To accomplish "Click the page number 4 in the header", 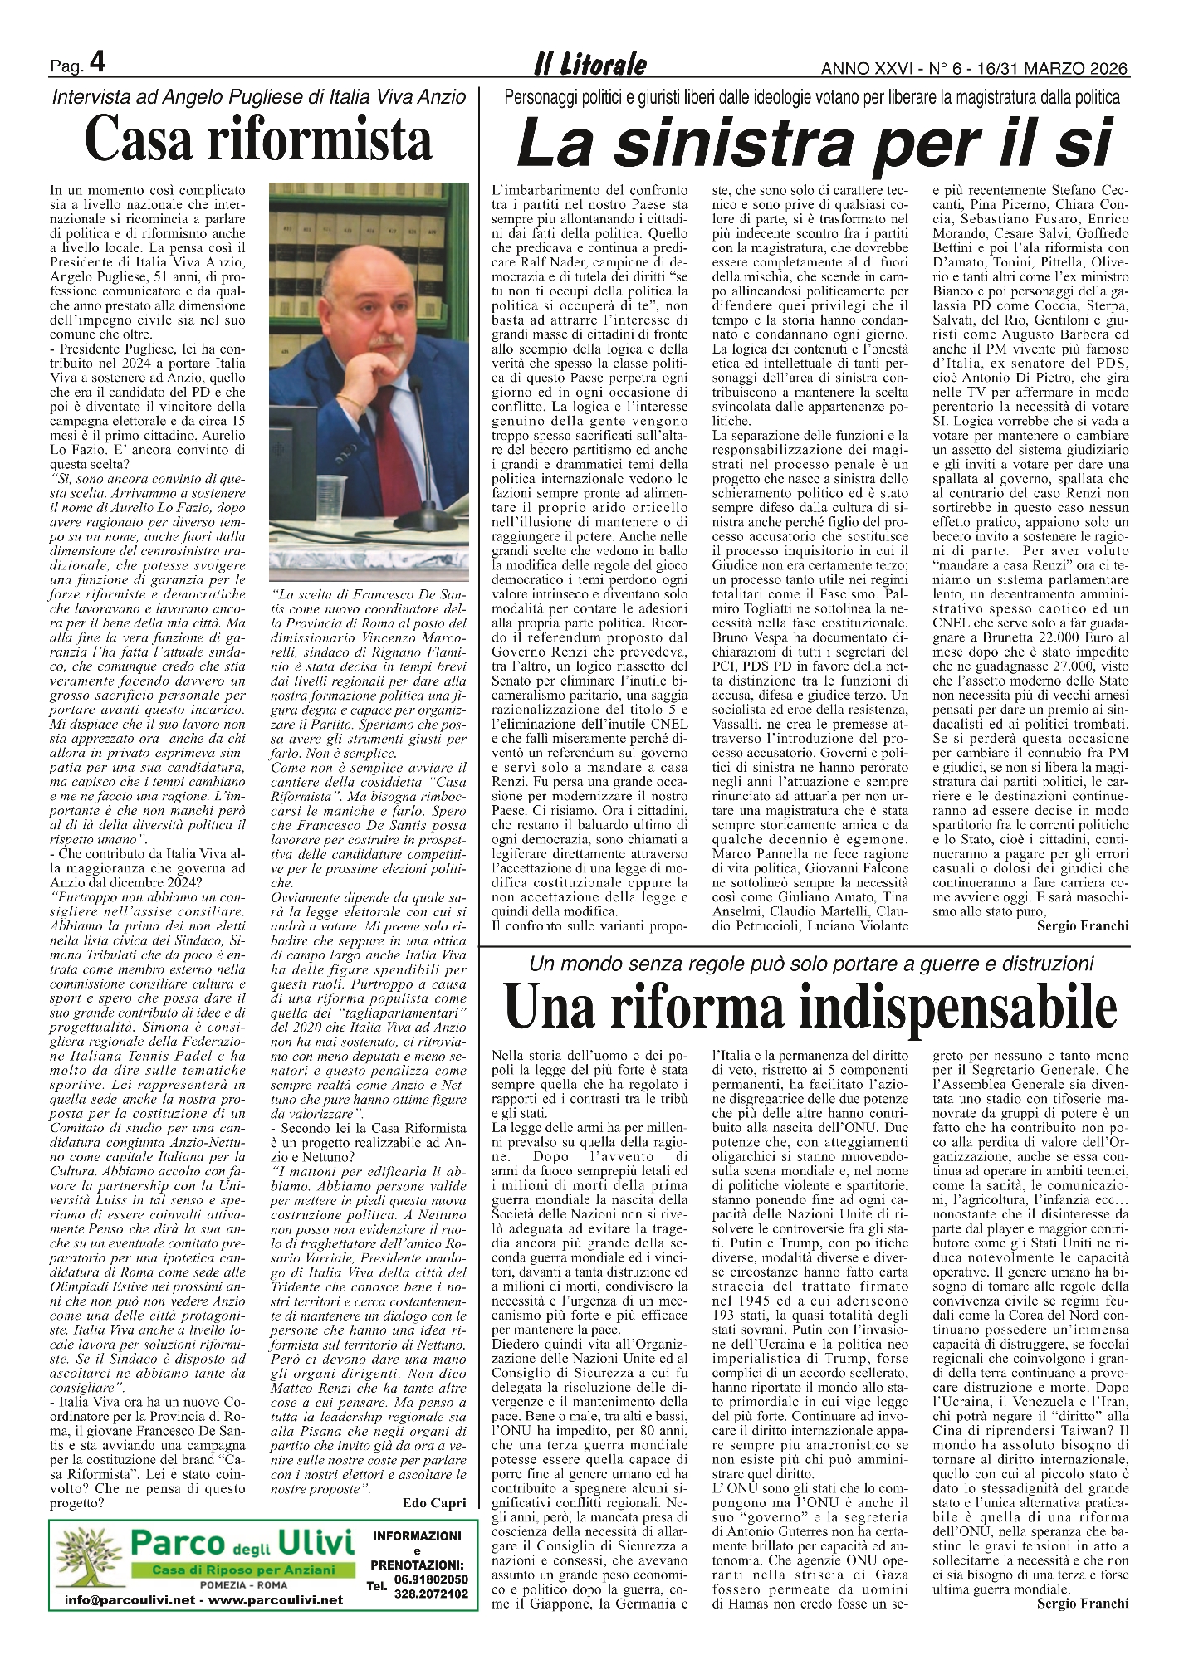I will point(97,64).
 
